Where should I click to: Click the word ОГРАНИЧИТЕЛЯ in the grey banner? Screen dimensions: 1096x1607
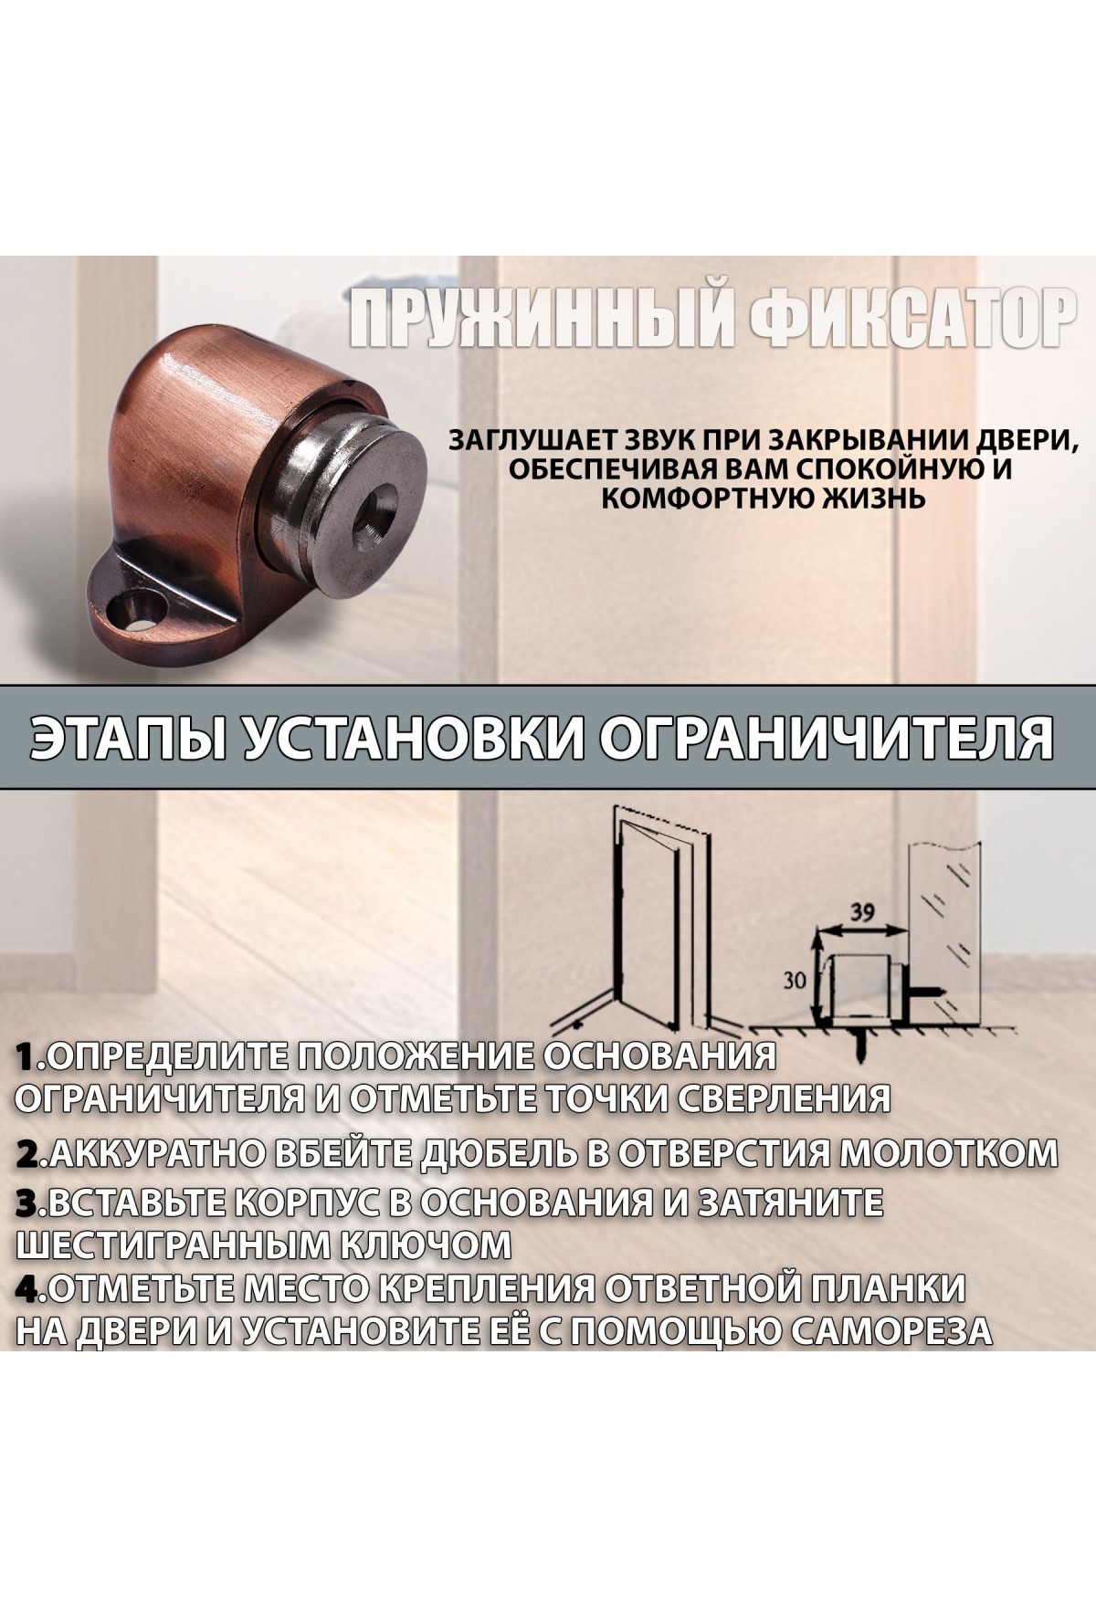point(822,739)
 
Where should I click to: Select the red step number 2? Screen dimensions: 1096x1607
point(31,1153)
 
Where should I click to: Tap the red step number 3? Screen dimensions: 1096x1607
point(30,1203)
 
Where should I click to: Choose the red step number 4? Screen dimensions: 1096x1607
point(31,1288)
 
